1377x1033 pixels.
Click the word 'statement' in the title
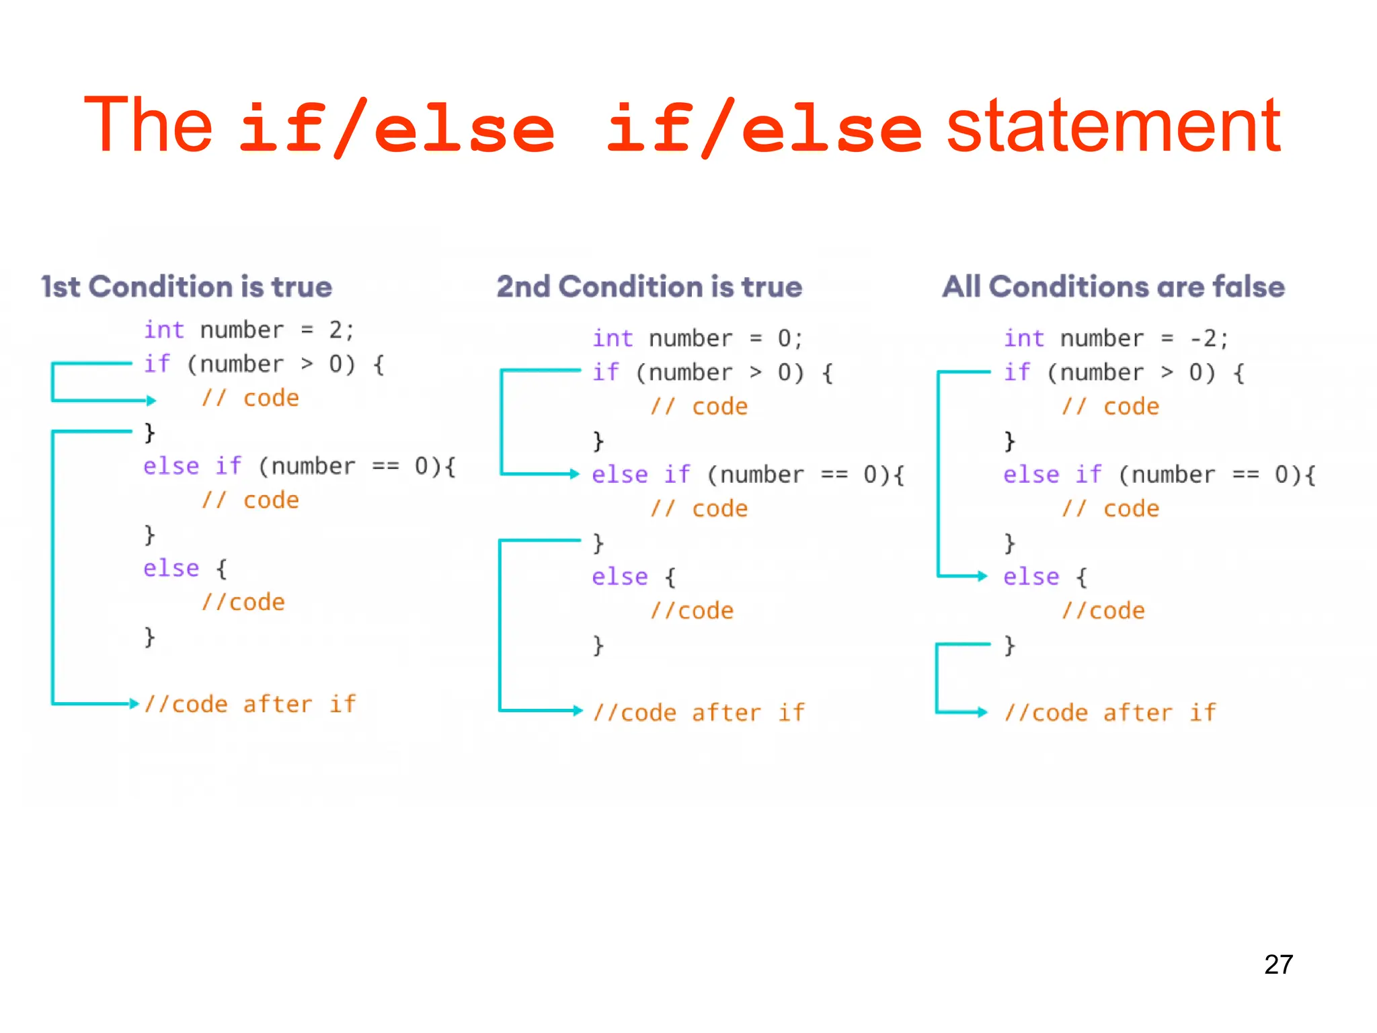1113,126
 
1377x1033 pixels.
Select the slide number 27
1278,964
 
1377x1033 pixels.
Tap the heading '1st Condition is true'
186,287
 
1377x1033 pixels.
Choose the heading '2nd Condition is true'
649,287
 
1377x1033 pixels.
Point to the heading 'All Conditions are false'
1113,287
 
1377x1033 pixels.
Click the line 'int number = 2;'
248,330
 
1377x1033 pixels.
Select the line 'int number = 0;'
697,338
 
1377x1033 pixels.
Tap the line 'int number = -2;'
1115,338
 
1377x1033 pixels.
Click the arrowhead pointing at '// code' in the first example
151,401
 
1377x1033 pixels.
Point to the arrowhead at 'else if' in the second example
574,474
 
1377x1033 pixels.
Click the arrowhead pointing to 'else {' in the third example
982,576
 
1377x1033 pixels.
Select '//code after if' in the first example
249,704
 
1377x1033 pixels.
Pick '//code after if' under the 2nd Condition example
699,713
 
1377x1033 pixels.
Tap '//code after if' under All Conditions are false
1110,713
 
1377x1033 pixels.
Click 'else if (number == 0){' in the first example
299,466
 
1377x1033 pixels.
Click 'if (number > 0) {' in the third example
1124,373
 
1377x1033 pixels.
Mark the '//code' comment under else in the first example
243,603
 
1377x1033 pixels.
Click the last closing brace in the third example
1009,646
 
